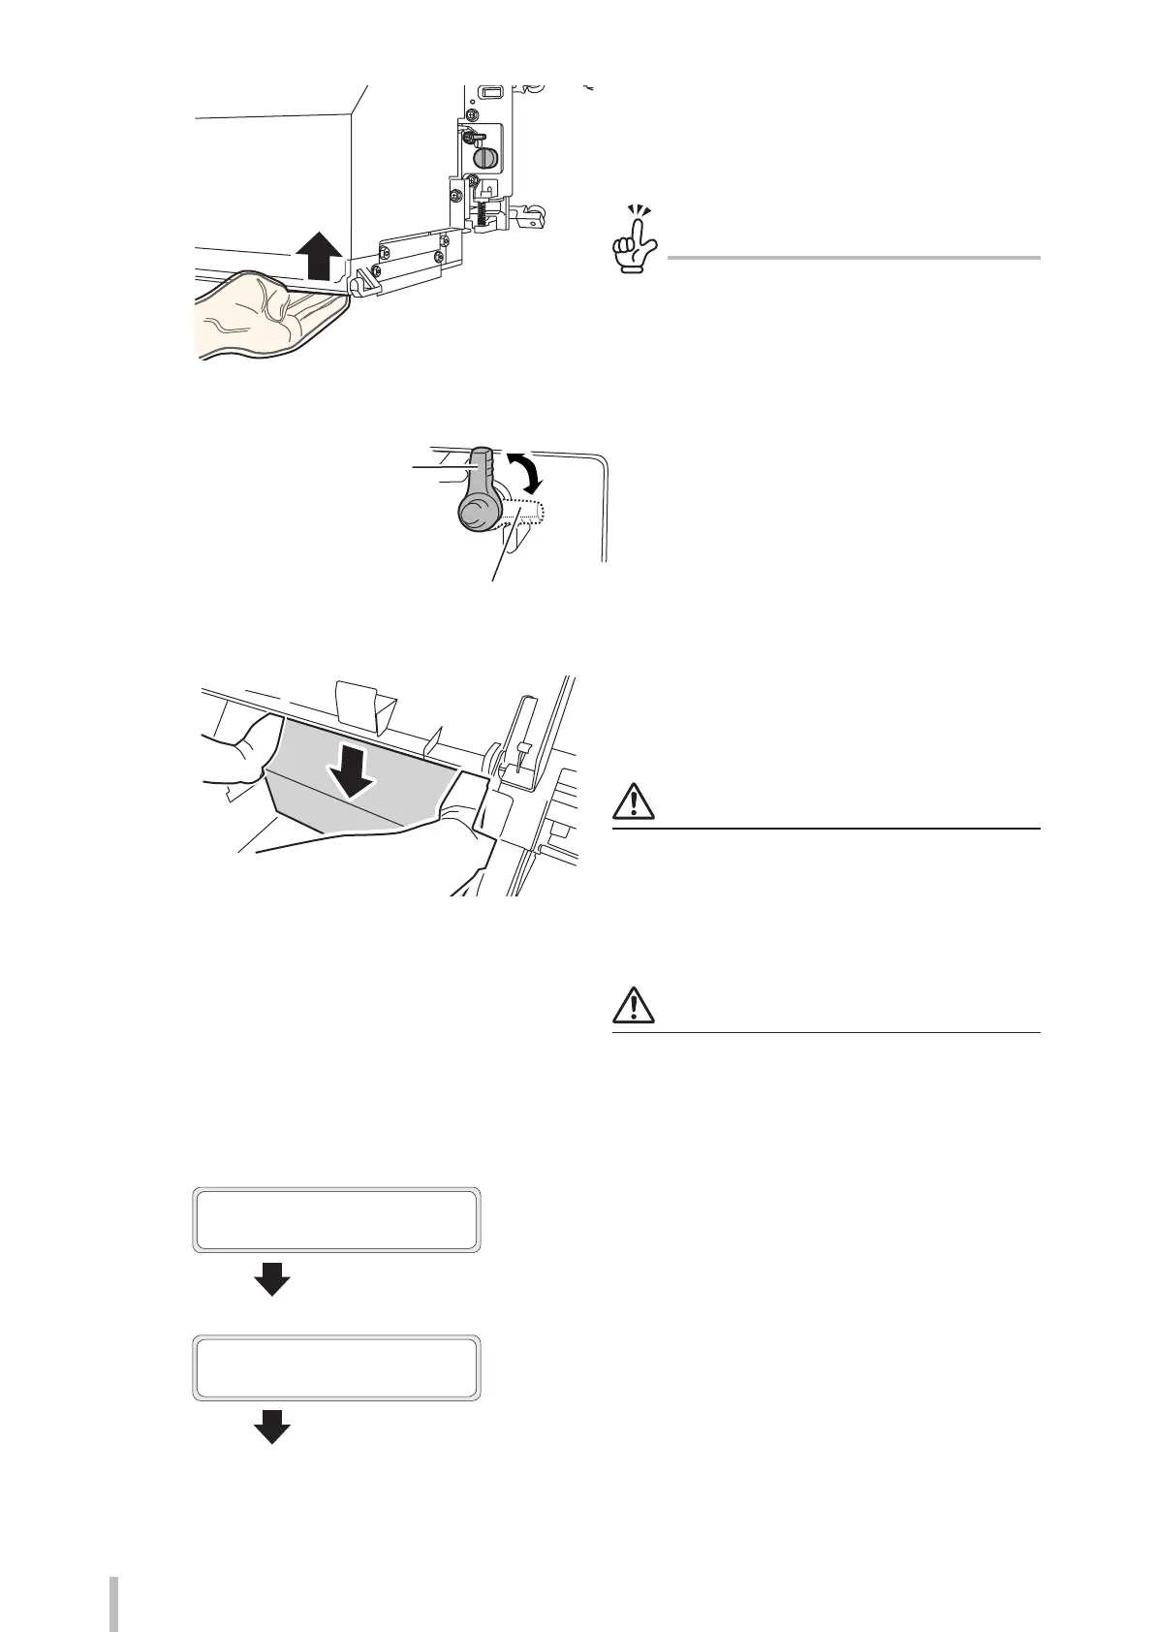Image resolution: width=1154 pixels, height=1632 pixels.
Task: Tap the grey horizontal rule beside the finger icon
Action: tap(853, 258)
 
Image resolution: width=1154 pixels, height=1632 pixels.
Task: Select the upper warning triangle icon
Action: tap(634, 804)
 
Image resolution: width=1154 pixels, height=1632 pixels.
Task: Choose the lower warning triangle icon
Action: tap(634, 1009)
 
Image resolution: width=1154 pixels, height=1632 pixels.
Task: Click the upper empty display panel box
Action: tap(337, 1219)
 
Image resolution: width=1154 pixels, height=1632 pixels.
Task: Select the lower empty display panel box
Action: tap(337, 1367)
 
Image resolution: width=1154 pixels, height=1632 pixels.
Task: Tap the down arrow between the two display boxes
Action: tap(271, 1278)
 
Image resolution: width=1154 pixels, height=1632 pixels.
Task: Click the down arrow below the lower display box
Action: tap(271, 1427)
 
